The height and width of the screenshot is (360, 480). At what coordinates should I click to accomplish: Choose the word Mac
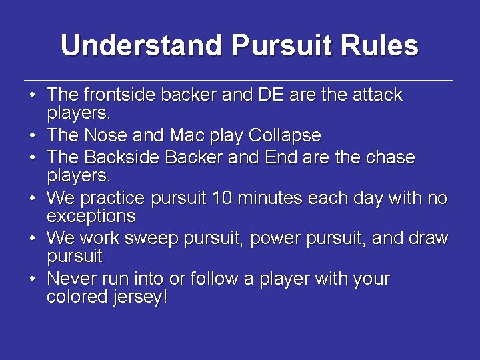(x=187, y=136)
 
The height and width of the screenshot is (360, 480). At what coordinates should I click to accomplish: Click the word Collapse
(x=285, y=136)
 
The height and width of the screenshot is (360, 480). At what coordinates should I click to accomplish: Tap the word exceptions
(x=91, y=216)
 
